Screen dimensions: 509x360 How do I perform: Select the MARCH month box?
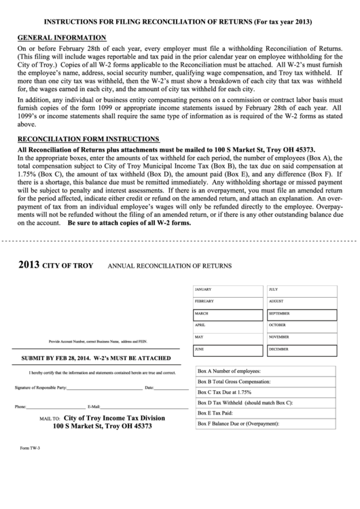point(228,314)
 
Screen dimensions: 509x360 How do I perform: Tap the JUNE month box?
point(228,349)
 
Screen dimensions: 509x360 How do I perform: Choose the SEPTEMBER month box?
point(302,314)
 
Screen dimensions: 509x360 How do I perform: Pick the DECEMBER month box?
point(302,349)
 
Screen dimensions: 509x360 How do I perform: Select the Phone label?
point(20,406)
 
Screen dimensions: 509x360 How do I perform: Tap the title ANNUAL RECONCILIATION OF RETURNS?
point(170,266)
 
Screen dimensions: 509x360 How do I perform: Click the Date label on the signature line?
point(149,387)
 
